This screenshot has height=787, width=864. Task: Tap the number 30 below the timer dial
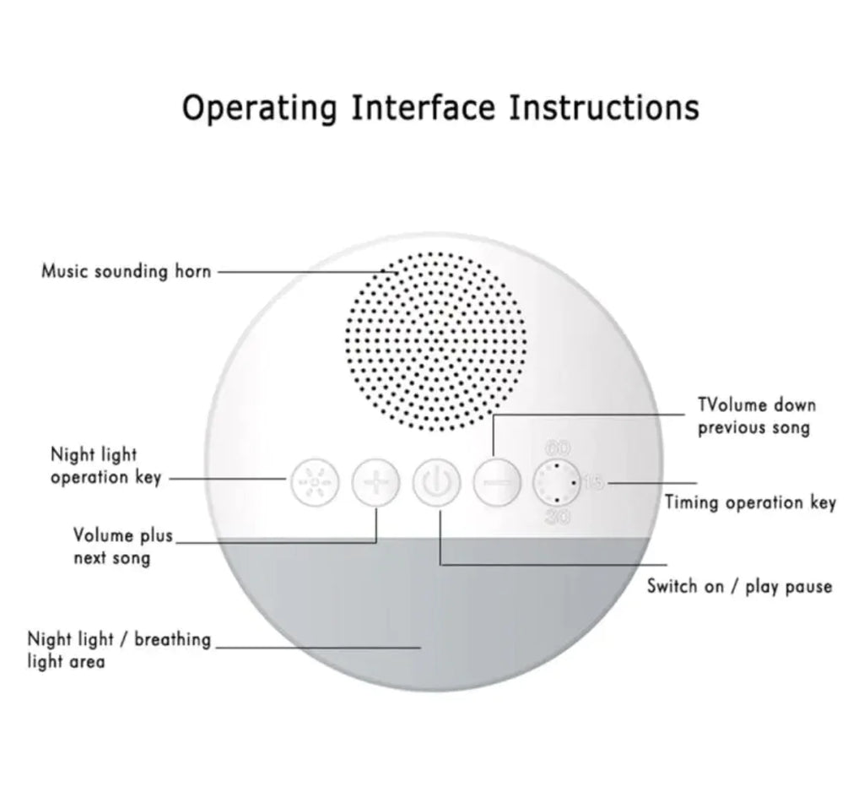557,518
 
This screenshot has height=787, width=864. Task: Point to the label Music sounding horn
127,272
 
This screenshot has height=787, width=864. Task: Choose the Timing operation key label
750,503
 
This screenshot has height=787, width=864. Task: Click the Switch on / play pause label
739,586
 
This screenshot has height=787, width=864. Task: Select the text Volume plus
122,535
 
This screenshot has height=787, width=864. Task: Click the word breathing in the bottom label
172,639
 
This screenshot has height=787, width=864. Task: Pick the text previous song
753,428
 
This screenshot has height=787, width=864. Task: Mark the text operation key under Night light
105,478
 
